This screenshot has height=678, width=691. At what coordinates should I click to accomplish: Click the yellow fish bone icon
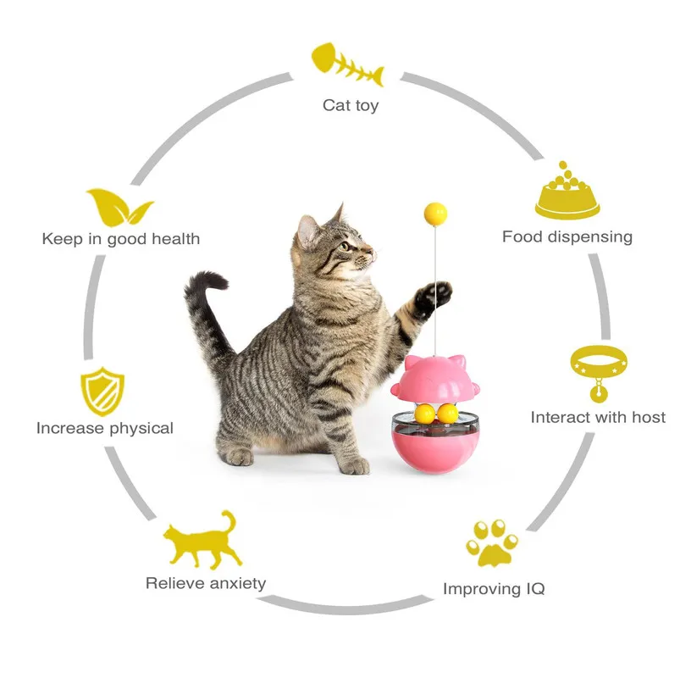(x=347, y=64)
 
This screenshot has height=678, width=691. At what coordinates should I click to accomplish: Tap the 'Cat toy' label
(x=351, y=105)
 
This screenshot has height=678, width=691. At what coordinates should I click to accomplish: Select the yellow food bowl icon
(x=567, y=191)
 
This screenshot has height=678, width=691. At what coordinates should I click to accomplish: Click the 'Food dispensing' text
(x=567, y=237)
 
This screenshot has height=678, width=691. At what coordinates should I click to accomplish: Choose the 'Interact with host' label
(x=598, y=417)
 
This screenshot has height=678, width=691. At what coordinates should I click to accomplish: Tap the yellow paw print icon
(x=492, y=542)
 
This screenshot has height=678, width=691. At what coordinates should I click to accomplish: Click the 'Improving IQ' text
(x=494, y=589)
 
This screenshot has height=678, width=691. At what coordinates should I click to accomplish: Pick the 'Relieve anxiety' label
(x=206, y=583)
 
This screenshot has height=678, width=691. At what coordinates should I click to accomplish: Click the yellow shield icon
(x=102, y=392)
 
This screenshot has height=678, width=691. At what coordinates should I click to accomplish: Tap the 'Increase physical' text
(x=105, y=428)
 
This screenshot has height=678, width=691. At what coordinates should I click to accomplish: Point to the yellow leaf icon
(x=119, y=207)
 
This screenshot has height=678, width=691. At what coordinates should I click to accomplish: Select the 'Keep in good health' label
(x=121, y=239)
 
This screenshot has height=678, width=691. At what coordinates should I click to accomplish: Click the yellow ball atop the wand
(x=435, y=214)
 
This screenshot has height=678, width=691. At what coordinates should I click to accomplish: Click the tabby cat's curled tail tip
(x=208, y=281)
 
